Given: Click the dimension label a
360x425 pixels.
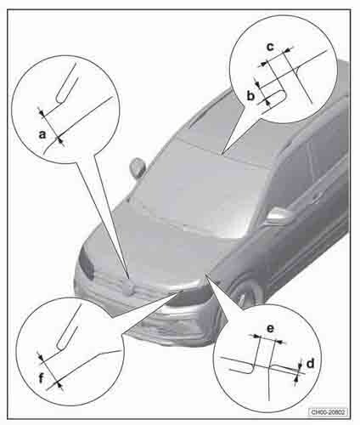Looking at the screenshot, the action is tap(42, 134).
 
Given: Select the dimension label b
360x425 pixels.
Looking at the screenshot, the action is tap(250, 96).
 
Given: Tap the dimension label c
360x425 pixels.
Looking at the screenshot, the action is tap(271, 47).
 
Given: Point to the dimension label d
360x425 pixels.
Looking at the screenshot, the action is tap(311, 363).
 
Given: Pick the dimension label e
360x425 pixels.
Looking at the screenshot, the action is tap(271, 329).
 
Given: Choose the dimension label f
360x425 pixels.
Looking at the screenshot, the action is tap(42, 378).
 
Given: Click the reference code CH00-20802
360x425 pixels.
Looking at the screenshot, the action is tap(328, 412).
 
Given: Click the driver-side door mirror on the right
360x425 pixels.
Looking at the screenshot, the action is tap(278, 216).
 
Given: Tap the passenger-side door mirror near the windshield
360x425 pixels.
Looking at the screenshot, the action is tap(138, 167).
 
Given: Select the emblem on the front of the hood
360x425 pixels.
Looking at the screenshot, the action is tap(128, 287).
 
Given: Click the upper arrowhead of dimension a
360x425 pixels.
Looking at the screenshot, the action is tap(42, 114).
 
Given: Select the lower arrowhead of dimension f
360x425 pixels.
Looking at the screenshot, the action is tap(59, 384).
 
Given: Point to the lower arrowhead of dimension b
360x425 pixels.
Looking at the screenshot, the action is tap(266, 100).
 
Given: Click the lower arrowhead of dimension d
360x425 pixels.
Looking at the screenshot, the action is tap(296, 377).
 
